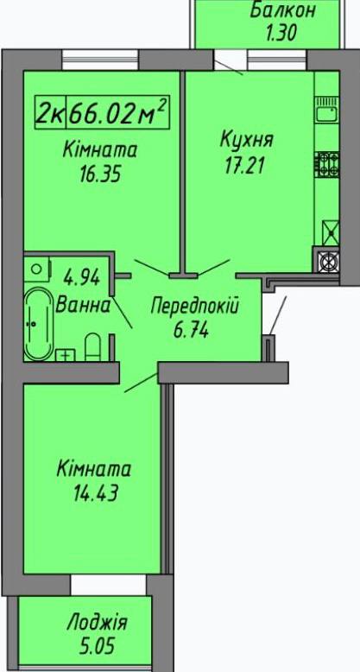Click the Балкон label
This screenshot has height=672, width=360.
tap(282, 10)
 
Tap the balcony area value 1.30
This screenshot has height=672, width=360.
tap(281, 33)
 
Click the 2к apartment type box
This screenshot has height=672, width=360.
tap(51, 112)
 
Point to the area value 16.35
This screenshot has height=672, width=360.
tap(99, 174)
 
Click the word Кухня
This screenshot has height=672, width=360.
tap(246, 141)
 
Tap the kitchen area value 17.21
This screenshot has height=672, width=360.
tap(243, 165)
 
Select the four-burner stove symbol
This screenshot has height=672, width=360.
tap(328, 165)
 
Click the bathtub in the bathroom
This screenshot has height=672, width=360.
tap(38, 324)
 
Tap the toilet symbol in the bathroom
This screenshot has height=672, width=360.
tap(92, 347)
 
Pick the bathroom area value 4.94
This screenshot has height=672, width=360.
tap(81, 278)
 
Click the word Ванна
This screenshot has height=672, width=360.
tap(83, 305)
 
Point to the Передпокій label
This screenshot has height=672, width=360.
tap(195, 306)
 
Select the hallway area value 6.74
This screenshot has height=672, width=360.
tap(191, 330)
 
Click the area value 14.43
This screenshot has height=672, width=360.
tap(96, 492)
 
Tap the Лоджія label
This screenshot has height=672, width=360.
tap(98, 623)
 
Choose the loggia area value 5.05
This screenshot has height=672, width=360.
tap(98, 646)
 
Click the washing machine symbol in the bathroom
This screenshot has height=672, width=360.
tap(37, 269)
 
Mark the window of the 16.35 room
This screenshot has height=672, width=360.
tap(100, 60)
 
